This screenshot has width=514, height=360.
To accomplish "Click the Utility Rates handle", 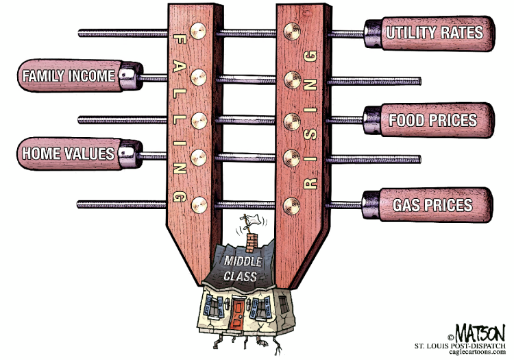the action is [x=430, y=34].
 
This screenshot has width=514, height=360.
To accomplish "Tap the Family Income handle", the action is [x=80, y=75].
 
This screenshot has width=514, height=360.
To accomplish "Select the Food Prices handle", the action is [x=429, y=120].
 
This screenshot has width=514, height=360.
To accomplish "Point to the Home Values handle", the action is [x=79, y=154].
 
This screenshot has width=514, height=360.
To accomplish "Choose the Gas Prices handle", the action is [x=428, y=205].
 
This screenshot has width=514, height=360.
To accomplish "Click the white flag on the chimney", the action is [x=253, y=221].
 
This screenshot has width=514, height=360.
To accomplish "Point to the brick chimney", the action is [x=251, y=243].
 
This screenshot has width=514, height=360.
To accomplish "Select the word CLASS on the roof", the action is [x=241, y=276].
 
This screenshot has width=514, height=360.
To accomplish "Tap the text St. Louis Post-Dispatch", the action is [x=460, y=346].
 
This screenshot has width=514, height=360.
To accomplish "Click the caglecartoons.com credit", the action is [x=477, y=352].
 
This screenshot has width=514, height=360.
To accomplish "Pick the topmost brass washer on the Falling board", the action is [x=198, y=31].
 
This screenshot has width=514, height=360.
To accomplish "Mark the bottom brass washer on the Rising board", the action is [x=292, y=206].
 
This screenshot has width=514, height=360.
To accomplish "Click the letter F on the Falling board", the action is [x=180, y=40].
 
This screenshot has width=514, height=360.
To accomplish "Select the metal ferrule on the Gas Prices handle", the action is [x=371, y=205].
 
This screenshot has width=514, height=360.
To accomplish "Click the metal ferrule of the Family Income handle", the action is [x=131, y=75].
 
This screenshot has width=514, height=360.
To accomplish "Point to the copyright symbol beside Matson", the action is [x=451, y=337].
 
